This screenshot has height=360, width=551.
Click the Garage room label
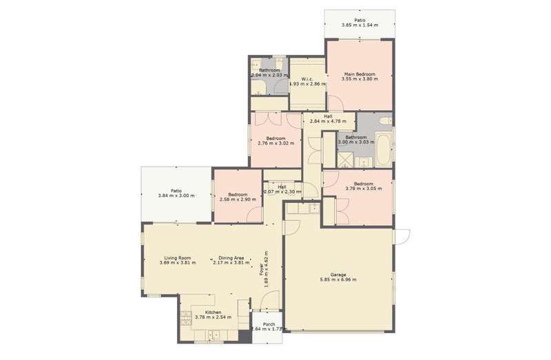click(x=337, y=275)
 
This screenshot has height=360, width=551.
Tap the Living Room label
click(x=177, y=257)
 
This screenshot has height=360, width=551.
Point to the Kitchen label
click(x=207, y=312)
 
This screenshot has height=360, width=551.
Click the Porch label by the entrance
click(x=269, y=324)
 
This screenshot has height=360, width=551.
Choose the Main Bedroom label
click(x=360, y=74)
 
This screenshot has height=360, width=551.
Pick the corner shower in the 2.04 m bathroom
click(x=259, y=86)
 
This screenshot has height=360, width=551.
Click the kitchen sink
click(x=212, y=336)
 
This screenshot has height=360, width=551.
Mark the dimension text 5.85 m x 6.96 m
click(x=337, y=279)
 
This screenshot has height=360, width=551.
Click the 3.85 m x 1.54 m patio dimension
click(x=360, y=25)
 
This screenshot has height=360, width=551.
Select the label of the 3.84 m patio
click(x=176, y=191)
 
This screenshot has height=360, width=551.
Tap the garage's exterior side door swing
click(x=402, y=236)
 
